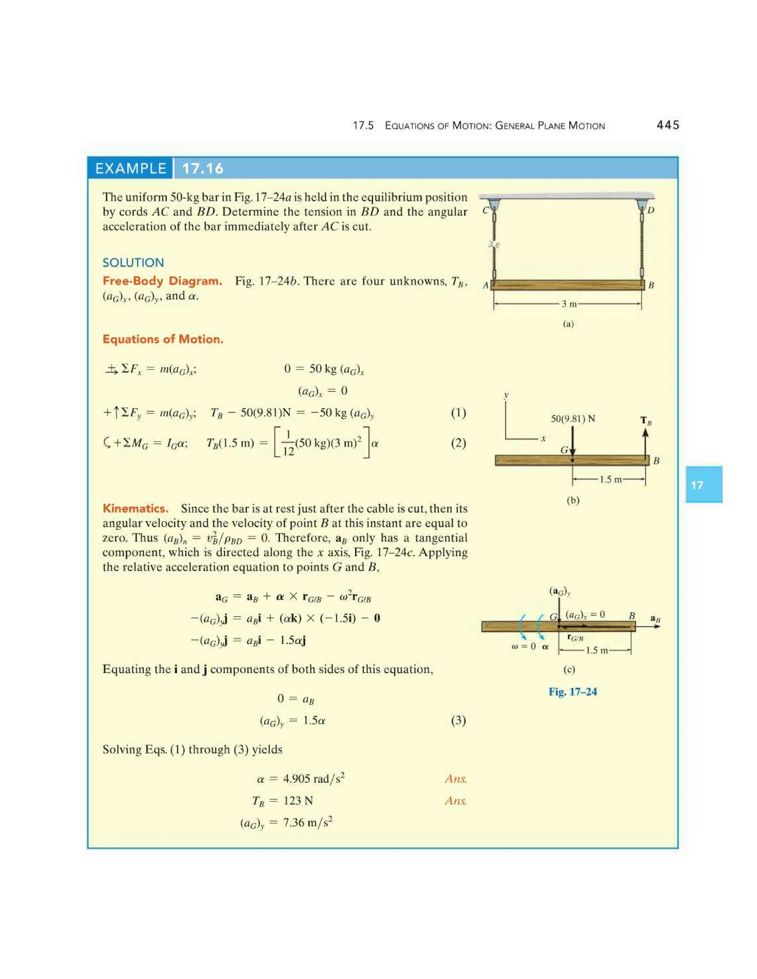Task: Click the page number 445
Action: coord(668,125)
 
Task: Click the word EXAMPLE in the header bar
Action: coord(130,168)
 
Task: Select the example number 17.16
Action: coord(203,168)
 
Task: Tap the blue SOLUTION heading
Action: coord(133,263)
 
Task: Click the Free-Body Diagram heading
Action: coord(162,281)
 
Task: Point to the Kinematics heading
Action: coord(135,508)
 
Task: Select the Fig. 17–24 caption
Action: coord(573,692)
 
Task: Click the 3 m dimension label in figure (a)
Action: coord(569,304)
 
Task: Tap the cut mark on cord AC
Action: coord(494,245)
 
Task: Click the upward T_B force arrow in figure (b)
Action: coord(645,441)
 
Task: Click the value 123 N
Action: coord(298,801)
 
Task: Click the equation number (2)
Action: coord(458,443)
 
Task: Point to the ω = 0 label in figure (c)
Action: coord(523,647)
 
